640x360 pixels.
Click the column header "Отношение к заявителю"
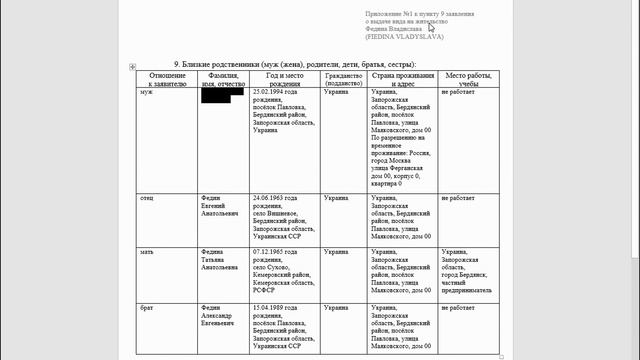pyautogui.click(x=167, y=79)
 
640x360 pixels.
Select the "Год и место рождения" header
pyautogui.click(x=285, y=79)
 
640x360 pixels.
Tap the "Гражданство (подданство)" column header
pyautogui.click(x=343, y=79)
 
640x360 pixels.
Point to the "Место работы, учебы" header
pyautogui.click(x=468, y=79)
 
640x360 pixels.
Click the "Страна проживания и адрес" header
pyautogui.click(x=401, y=79)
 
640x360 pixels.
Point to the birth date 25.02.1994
pyautogui.click(x=275, y=92)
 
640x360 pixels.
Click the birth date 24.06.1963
pyautogui.click(x=275, y=199)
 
